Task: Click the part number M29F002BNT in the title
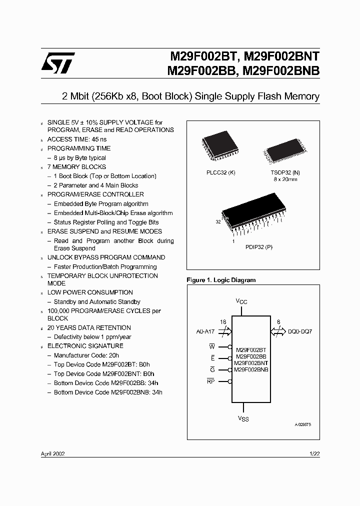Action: click(x=282, y=57)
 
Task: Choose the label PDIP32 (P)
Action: click(x=258, y=247)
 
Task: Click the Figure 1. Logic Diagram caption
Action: click(x=220, y=280)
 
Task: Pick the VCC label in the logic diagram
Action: click(x=242, y=301)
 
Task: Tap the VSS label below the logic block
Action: click(x=242, y=418)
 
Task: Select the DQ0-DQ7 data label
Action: click(x=300, y=331)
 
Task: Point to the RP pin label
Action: click(x=210, y=381)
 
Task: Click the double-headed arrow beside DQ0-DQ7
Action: click(x=277, y=330)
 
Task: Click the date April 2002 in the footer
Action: click(x=52, y=453)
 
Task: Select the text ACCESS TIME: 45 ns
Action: click(x=76, y=139)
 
